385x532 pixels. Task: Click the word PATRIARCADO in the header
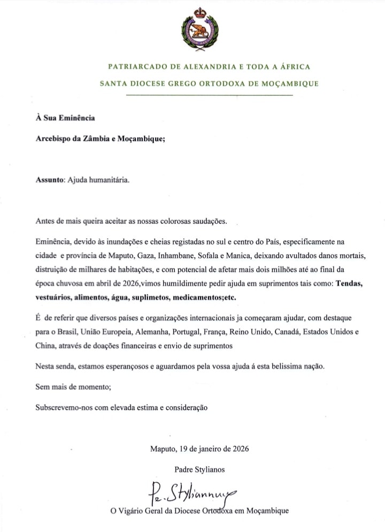pos(132,67)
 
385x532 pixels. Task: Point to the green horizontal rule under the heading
pos(209,95)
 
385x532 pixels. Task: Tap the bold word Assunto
pos(49,180)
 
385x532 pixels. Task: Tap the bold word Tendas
pos(349,284)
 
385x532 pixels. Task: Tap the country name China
pos(44,346)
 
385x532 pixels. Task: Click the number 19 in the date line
pos(183,449)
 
